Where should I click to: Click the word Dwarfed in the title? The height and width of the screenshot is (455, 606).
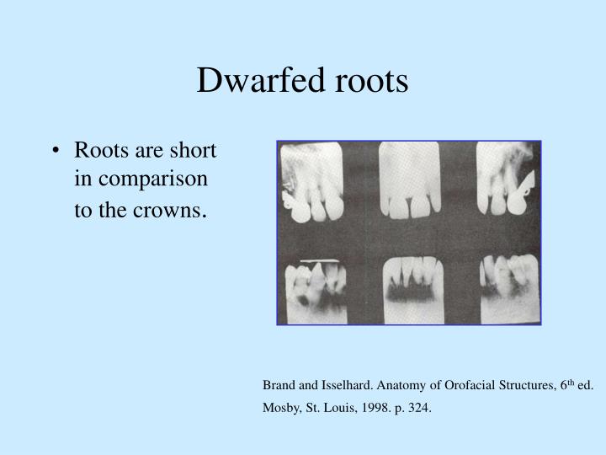[249, 81]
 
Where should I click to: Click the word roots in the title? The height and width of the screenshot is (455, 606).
[367, 81]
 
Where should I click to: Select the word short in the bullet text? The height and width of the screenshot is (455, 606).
[194, 151]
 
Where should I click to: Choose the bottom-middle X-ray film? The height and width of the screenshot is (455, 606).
[411, 288]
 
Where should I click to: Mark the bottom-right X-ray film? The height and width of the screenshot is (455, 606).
[507, 288]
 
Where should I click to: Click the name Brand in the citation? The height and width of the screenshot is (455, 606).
[279, 386]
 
